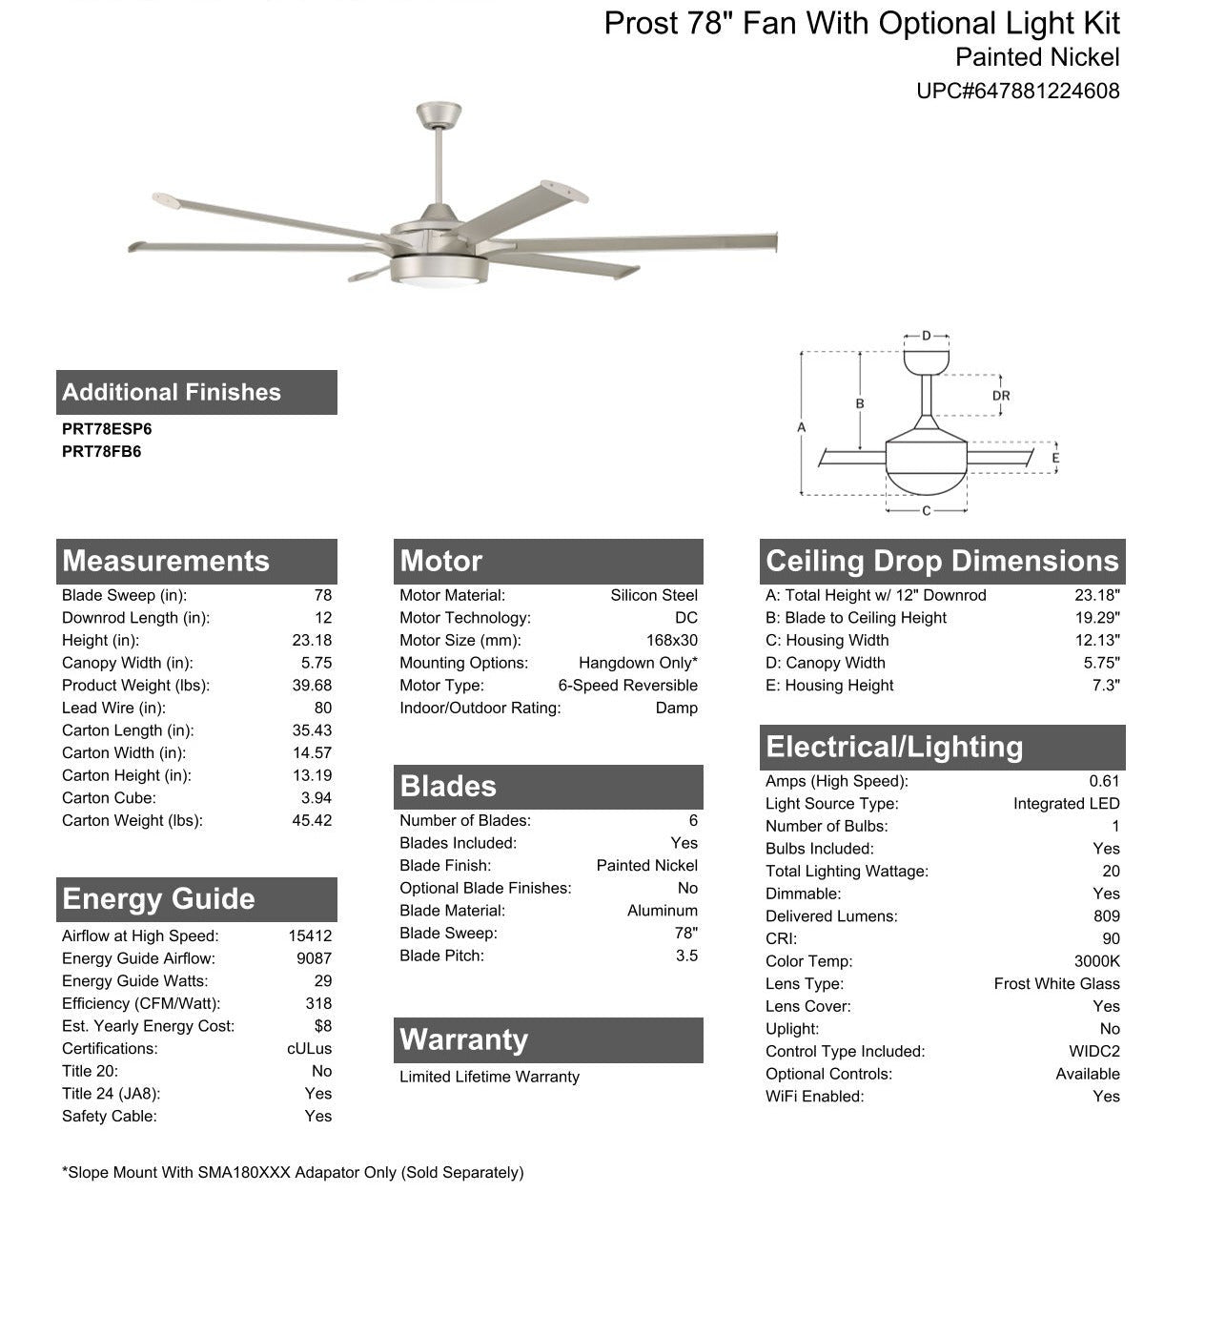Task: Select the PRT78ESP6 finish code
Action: (x=107, y=429)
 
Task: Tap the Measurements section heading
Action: (x=166, y=561)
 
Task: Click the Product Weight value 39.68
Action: (x=312, y=686)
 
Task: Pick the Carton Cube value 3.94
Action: (x=316, y=798)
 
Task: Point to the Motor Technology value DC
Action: (x=685, y=618)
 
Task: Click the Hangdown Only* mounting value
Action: (x=638, y=663)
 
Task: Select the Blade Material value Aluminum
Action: (x=662, y=911)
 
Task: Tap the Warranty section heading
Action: (x=463, y=1039)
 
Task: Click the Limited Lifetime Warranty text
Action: (x=489, y=1077)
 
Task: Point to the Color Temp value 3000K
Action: (x=1096, y=961)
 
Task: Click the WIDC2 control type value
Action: (x=1094, y=1052)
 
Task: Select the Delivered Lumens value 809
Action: (x=1106, y=916)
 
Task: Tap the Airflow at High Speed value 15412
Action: (x=310, y=936)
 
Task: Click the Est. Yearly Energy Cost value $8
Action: (x=322, y=1026)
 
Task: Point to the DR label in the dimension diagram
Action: (x=1000, y=396)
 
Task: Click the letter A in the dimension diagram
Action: (x=802, y=427)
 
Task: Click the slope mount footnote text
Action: (x=293, y=1173)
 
